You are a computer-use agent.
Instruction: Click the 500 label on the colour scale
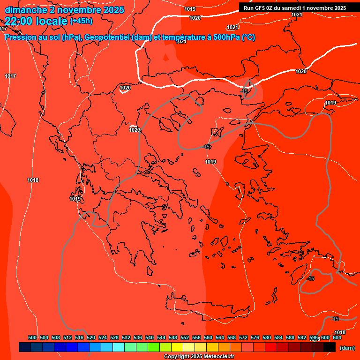pyautogui.click(x=32, y=337)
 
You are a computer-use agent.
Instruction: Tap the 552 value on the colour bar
pyautogui.click(x=185, y=337)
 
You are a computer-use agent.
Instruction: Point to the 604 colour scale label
pyautogui.click(x=337, y=337)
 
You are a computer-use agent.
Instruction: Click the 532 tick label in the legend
pyautogui.click(x=126, y=337)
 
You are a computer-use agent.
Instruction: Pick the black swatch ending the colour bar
pyautogui.click(x=330, y=347)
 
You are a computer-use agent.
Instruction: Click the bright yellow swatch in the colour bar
pyautogui.click(x=177, y=347)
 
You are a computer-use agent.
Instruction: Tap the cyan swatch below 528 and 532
pyautogui.click(x=119, y=347)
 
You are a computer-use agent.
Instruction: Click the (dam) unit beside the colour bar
pyautogui.click(x=347, y=347)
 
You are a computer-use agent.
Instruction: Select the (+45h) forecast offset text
pyautogui.click(x=81, y=21)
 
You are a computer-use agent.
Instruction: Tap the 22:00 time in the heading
pyautogui.click(x=18, y=21)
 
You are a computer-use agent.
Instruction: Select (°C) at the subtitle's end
pyautogui.click(x=248, y=37)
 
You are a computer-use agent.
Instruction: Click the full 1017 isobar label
pyautogui.click(x=10, y=76)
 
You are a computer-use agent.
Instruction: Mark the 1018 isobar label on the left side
pyautogui.click(x=33, y=180)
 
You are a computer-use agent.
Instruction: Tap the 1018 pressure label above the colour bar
pyautogui.click(x=340, y=332)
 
